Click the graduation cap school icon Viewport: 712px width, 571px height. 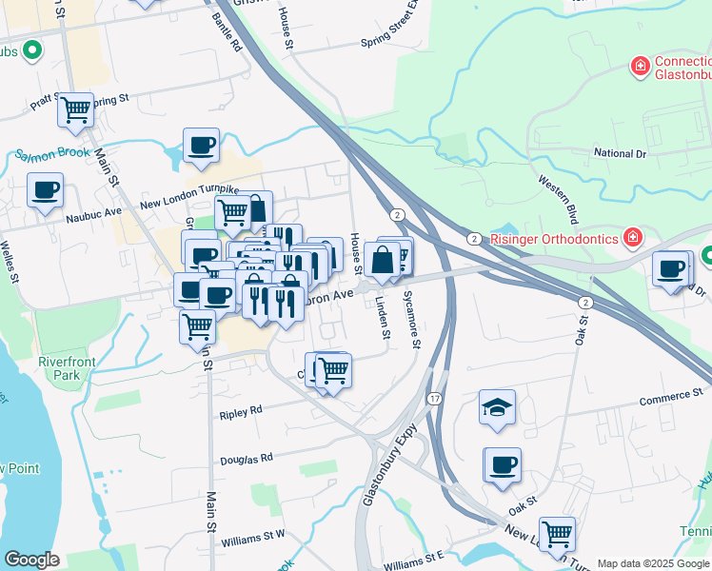497,406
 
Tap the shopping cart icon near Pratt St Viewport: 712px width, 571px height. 75,109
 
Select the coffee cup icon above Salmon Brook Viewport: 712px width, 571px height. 201,145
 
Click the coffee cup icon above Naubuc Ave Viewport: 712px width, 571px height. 45,190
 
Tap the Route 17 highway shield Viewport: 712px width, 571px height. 435,397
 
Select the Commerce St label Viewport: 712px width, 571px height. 670,392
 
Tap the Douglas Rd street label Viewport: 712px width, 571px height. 247,458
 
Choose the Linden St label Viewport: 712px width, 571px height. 384,318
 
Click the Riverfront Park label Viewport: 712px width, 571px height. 61,368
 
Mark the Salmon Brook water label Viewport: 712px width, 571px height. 51,152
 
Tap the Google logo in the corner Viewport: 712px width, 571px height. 31,560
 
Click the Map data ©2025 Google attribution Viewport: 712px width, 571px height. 652,563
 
